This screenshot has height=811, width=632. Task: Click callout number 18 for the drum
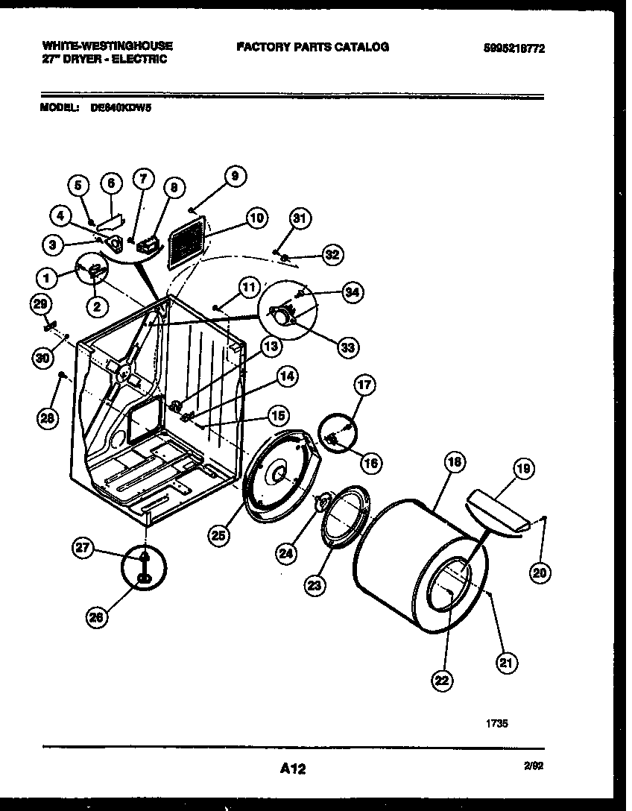click(454, 462)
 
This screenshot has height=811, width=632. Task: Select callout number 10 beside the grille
click(256, 218)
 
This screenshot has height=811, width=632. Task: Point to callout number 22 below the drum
click(441, 678)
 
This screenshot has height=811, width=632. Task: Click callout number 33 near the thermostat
click(347, 346)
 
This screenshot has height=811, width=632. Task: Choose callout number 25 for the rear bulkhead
click(219, 535)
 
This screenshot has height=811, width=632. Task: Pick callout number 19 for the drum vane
click(524, 468)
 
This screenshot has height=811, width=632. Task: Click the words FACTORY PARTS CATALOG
click(312, 47)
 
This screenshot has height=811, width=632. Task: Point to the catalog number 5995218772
click(513, 48)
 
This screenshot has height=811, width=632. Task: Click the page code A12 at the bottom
click(294, 769)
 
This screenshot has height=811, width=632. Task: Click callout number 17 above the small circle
click(364, 385)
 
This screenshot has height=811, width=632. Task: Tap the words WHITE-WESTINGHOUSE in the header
click(107, 46)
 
